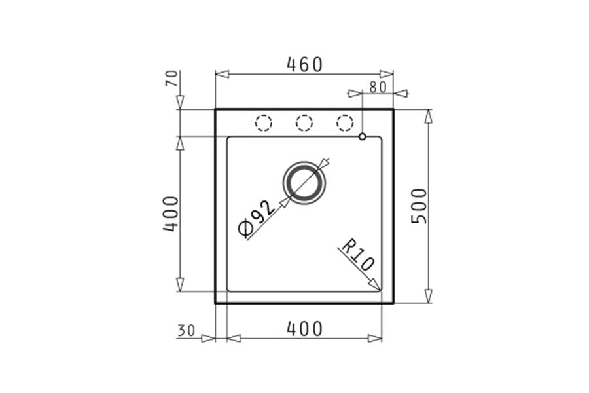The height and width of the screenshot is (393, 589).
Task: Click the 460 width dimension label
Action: (x=304, y=64)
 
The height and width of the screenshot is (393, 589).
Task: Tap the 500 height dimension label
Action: (x=419, y=206)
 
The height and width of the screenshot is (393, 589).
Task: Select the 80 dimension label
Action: (x=378, y=87)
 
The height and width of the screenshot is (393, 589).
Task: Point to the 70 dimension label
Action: (x=171, y=79)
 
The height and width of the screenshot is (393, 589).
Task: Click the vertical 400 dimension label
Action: (x=171, y=214)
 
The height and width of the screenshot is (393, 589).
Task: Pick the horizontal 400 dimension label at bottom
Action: (x=304, y=329)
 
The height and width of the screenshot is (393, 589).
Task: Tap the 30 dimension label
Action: (x=187, y=331)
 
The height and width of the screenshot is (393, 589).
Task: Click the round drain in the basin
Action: (x=304, y=183)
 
